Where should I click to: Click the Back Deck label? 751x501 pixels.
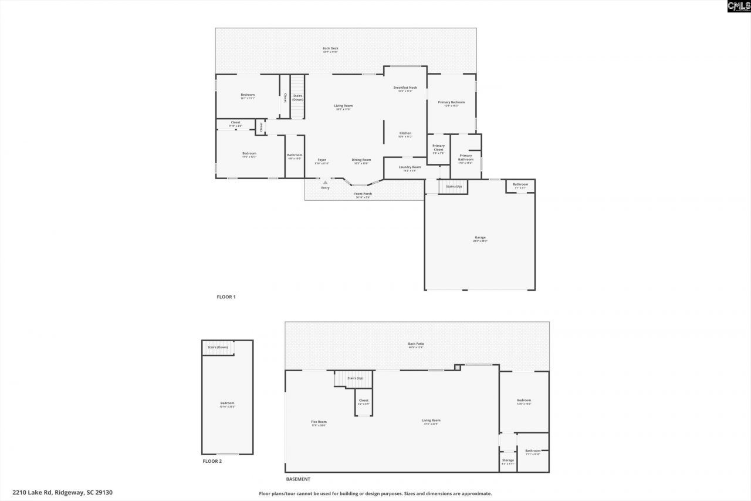(x=330, y=49)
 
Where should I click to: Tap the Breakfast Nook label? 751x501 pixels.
(x=405, y=88)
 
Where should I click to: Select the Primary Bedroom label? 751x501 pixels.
(x=451, y=102)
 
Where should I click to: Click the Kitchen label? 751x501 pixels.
(x=405, y=133)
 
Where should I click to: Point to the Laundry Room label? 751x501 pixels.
(x=410, y=167)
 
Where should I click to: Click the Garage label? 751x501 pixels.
(x=480, y=238)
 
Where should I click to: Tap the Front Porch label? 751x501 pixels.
(x=363, y=194)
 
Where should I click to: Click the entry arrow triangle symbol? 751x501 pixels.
(x=325, y=183)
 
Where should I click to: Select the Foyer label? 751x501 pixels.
(x=322, y=160)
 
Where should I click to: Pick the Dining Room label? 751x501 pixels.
(x=361, y=160)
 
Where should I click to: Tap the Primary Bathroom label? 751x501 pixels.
(x=466, y=157)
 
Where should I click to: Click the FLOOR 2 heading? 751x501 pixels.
(x=212, y=462)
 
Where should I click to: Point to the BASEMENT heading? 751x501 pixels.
(x=298, y=479)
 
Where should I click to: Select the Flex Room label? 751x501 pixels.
(x=319, y=421)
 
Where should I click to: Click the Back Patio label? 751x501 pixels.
(x=416, y=344)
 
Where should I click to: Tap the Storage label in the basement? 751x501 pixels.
(x=508, y=460)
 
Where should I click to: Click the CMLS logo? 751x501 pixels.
(x=738, y=6)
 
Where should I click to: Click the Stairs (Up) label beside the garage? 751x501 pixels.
(x=454, y=187)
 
